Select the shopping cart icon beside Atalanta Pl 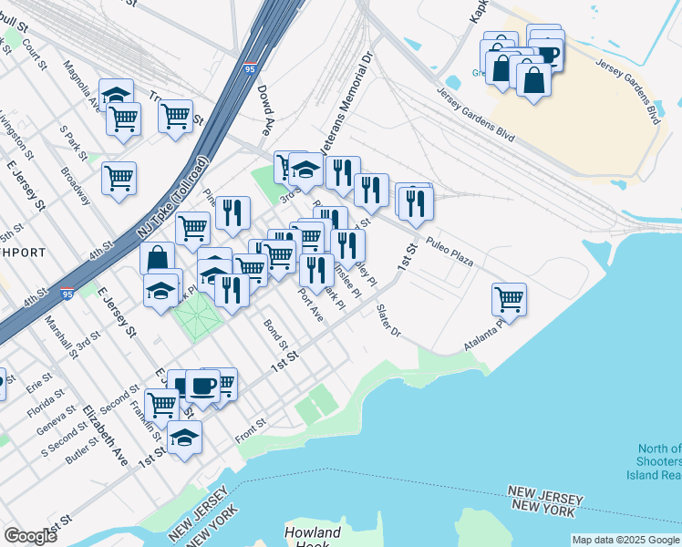coord(509,298)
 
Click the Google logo coord(30,536)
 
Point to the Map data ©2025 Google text coord(625,540)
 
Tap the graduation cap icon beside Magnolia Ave coord(117,94)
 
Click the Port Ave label coord(311,305)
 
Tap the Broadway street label coord(76,184)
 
